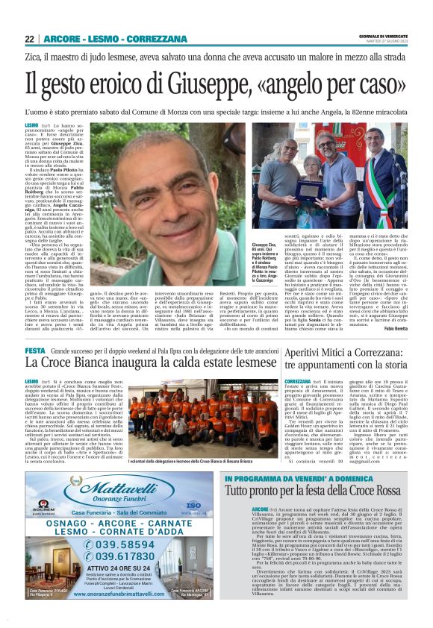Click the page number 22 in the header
click(x=29, y=39)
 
